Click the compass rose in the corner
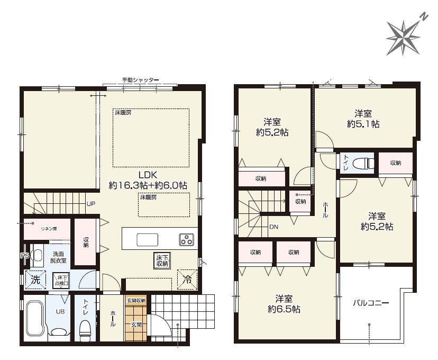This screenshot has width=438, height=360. coord(404,37)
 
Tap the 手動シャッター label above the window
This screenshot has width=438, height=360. coord(140,80)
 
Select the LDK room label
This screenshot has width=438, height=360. coord(148,175)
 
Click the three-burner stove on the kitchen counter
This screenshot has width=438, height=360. coord(186,239)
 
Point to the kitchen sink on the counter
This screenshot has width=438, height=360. coord(147,240)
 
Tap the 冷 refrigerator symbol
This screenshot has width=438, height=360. coord(187,279)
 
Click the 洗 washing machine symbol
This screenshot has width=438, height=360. coord(35,280)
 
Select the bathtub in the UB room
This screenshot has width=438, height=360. coord(35,318)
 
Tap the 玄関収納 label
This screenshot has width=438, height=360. coord(136,301)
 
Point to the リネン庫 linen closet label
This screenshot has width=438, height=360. coord(49,229)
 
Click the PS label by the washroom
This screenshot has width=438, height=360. coord(24,256)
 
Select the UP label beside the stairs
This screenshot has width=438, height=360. coord(91,204)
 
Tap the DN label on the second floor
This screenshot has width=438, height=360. coord(274,227)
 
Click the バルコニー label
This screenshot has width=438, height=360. coord(371,303)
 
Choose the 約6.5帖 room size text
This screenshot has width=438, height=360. coord(284,309)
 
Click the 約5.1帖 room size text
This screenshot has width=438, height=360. coord(363,124)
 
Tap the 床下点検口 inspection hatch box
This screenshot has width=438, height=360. coord(61,281)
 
